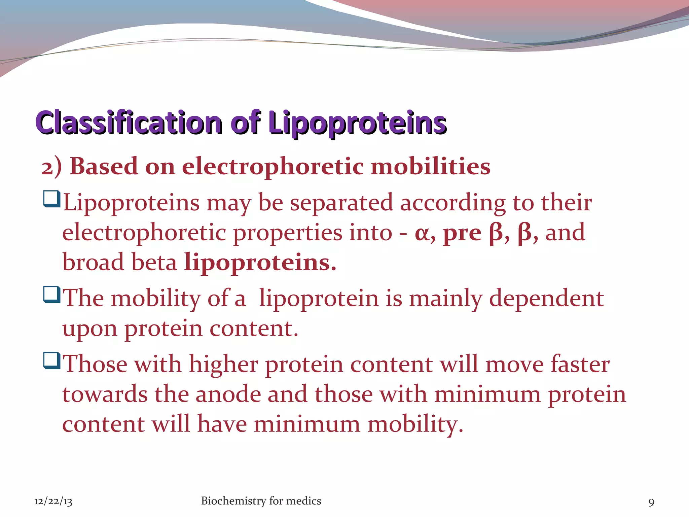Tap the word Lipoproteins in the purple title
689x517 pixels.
coord(357,123)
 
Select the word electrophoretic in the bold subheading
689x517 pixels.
coord(273,167)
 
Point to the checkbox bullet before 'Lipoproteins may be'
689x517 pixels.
coord(52,199)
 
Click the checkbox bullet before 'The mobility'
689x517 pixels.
coord(52,295)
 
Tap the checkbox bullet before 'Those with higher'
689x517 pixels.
coord(52,360)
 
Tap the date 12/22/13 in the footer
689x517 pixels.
coord(53,502)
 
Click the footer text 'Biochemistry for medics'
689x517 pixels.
coord(261,501)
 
